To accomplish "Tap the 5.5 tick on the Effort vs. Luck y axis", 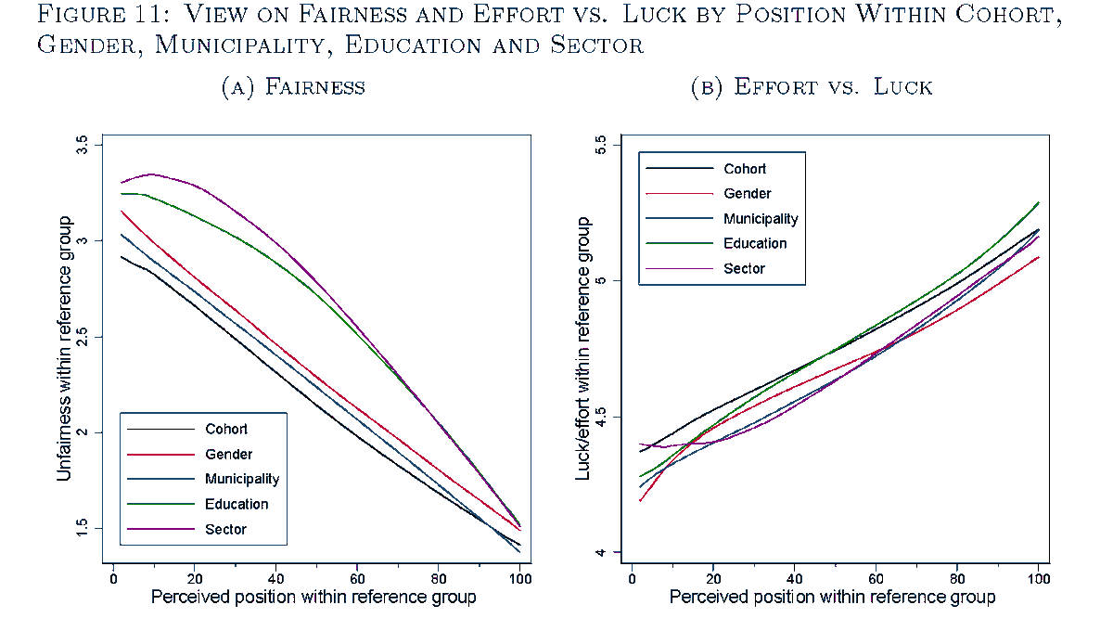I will (x=600, y=145).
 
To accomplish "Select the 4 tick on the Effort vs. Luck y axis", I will (x=600, y=553).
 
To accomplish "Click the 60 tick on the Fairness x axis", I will (x=357, y=577).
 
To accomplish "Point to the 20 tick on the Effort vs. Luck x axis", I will (x=712, y=577).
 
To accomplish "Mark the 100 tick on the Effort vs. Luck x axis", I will (x=1038, y=577).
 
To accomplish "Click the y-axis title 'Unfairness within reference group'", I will (x=64, y=348).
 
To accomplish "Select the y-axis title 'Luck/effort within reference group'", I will (x=583, y=348).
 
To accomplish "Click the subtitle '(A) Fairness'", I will (x=293, y=87).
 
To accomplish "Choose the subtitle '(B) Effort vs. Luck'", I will (x=812, y=87).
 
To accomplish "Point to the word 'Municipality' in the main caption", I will (x=259, y=45).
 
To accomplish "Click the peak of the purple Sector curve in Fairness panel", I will (x=151, y=174).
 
